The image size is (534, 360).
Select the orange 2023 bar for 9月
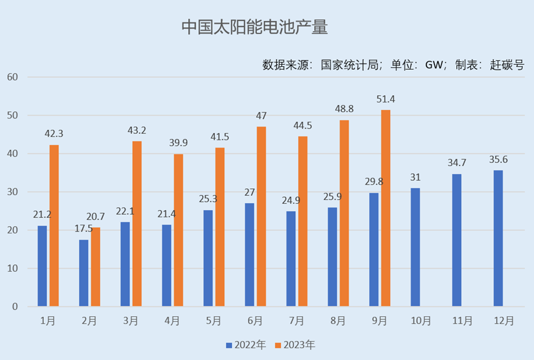pyautogui.click(x=386, y=208)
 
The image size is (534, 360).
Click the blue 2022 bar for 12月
pyautogui.click(x=498, y=238)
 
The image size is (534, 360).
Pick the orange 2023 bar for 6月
pyautogui.click(x=261, y=216)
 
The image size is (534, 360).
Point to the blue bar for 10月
pyautogui.click(x=415, y=247)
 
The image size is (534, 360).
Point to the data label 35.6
pyautogui.click(x=498, y=160)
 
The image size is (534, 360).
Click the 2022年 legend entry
pyautogui.click(x=246, y=345)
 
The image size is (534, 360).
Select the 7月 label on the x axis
pyautogui.click(x=296, y=321)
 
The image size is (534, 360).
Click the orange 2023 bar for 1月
pyautogui.click(x=54, y=225)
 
